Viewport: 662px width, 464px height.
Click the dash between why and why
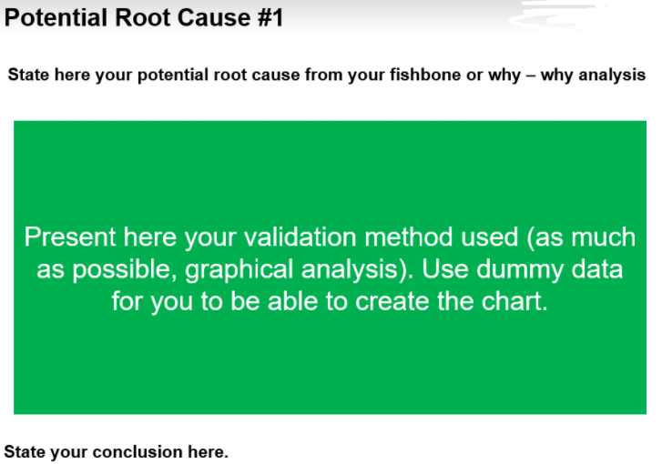(x=530, y=75)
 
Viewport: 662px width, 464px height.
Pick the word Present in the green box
(x=68, y=237)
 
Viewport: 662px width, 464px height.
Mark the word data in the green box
(x=594, y=269)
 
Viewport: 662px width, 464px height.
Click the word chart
(x=514, y=301)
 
